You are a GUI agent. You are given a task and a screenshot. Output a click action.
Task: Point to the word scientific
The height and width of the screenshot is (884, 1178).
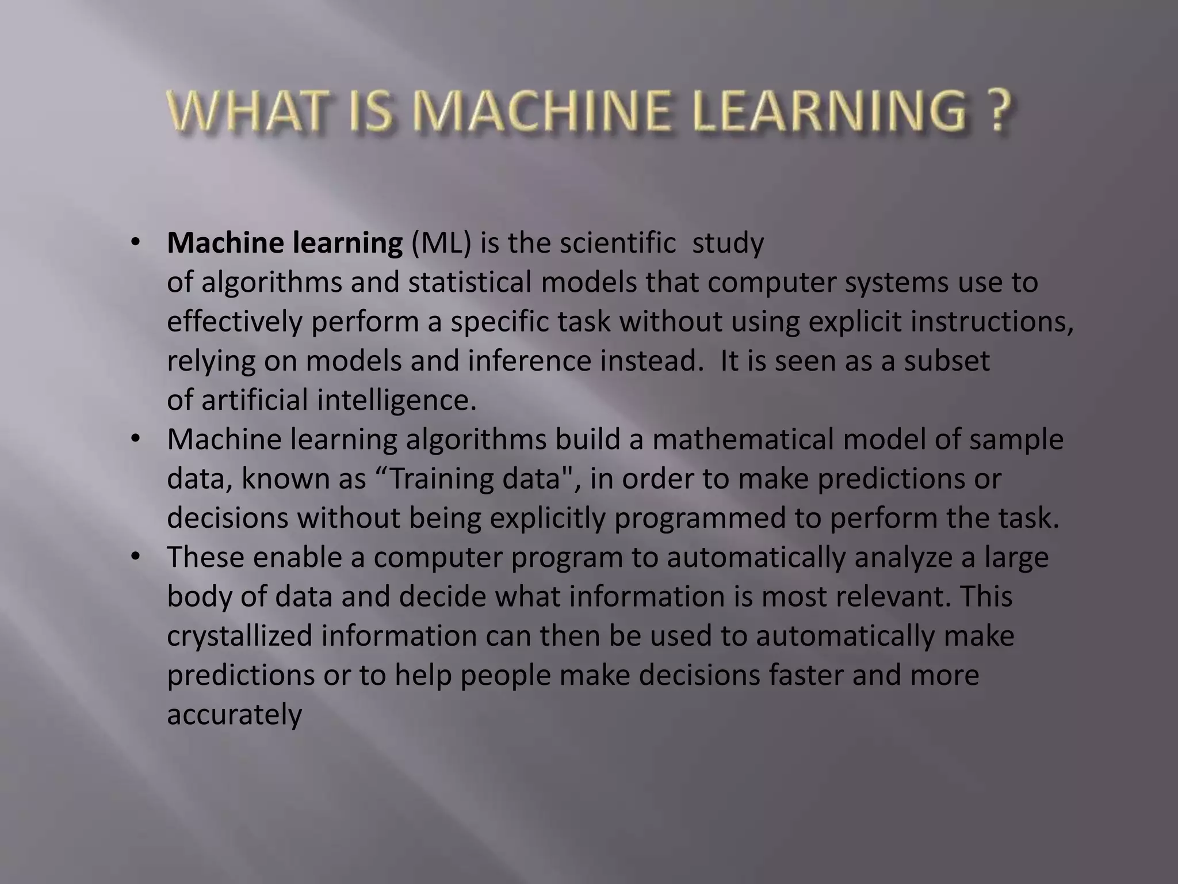click(x=618, y=243)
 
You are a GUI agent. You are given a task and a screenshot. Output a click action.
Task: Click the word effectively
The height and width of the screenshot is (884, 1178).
click(x=234, y=322)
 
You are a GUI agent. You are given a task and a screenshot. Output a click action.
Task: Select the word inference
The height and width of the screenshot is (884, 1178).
click(x=529, y=361)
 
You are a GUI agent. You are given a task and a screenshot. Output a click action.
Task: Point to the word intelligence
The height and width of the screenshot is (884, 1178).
click(x=397, y=401)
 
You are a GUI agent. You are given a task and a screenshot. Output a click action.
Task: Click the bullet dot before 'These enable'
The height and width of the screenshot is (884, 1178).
click(x=135, y=557)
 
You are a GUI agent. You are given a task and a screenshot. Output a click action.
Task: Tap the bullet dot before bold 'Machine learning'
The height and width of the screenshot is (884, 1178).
click(x=135, y=243)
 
